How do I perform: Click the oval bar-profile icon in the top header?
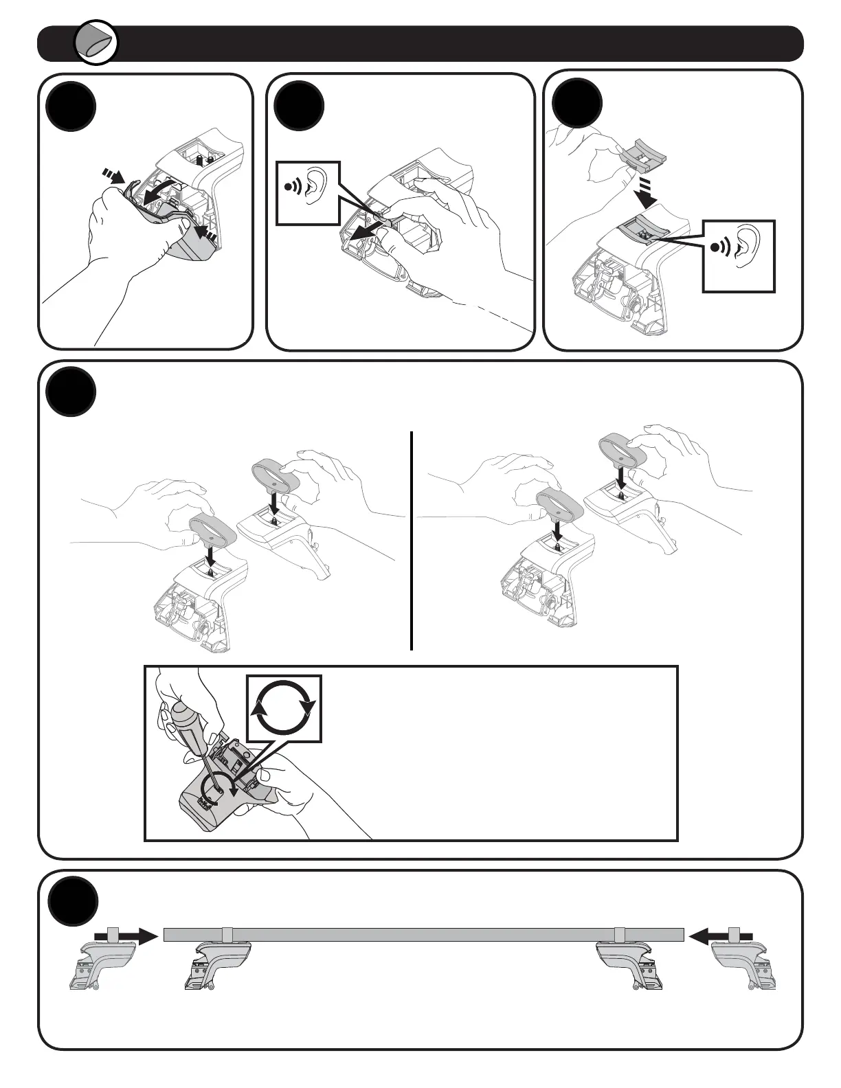pos(97,43)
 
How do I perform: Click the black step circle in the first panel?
pos(71,107)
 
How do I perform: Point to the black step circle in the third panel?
pos(577,104)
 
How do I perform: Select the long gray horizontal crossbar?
pos(423,934)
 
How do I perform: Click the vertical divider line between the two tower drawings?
pos(411,540)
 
